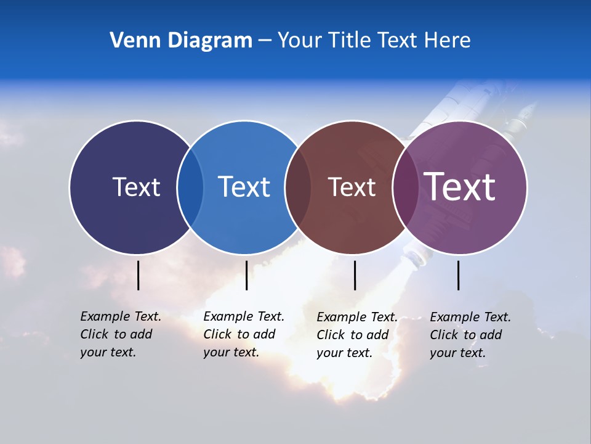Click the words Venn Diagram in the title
(x=181, y=41)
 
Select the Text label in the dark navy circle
(x=136, y=187)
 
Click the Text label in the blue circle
(x=244, y=187)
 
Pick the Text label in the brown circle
(x=352, y=187)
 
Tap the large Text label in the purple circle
(x=460, y=186)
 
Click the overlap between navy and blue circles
(x=190, y=187)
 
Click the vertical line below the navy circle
(x=139, y=275)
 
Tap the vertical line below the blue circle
(x=246, y=275)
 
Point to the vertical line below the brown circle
(x=355, y=275)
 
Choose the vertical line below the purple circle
(x=459, y=275)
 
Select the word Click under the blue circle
(x=217, y=334)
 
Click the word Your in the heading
(x=300, y=41)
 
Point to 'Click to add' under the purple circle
(x=466, y=335)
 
